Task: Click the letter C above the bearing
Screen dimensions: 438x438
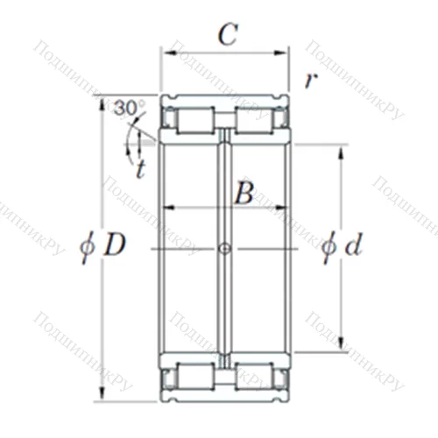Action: click(x=227, y=36)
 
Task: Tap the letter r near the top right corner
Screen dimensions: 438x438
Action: click(x=309, y=80)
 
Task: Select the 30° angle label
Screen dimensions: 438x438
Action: click(x=129, y=109)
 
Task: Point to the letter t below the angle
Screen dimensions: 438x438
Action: click(x=140, y=168)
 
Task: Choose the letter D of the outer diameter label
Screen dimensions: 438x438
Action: click(x=115, y=247)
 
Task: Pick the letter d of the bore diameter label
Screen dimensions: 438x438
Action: click(x=353, y=247)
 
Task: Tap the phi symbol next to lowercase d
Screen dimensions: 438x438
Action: click(x=328, y=248)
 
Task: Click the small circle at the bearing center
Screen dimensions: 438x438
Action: click(x=225, y=250)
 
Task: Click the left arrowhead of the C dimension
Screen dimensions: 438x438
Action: click(x=165, y=52)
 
